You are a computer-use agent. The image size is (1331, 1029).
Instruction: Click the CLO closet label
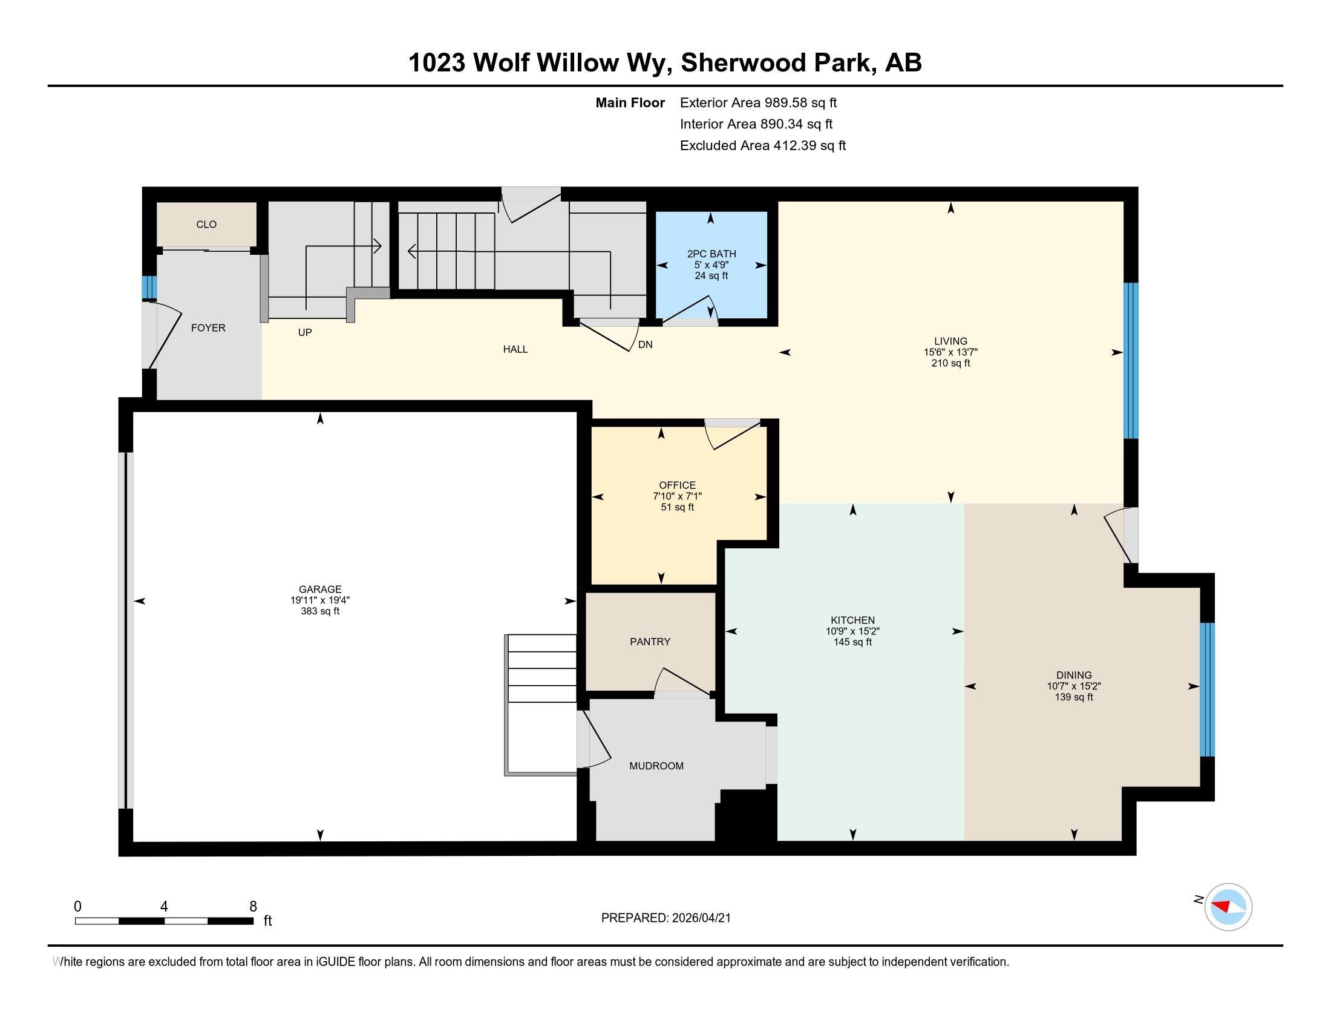pos(206,225)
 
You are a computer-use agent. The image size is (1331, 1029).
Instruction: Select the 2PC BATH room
pos(711,265)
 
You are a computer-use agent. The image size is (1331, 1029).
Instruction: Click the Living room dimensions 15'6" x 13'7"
pos(950,352)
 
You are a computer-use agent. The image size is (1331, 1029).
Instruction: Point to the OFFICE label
pos(677,485)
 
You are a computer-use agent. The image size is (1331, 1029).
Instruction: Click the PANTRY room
pos(650,641)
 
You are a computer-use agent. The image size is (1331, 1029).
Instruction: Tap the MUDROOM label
pos(656,766)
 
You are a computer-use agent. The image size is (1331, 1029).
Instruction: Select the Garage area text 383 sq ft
pos(320,611)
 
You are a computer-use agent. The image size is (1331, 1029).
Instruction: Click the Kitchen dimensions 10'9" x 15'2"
pos(852,631)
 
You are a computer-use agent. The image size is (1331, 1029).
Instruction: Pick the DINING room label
pos(1074,675)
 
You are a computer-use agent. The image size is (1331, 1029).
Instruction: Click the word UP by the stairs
pos(305,332)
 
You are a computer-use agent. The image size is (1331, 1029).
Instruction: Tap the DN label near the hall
pos(646,344)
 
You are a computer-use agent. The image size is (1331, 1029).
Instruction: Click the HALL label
pos(515,349)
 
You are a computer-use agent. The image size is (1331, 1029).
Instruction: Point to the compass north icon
pos(1228,907)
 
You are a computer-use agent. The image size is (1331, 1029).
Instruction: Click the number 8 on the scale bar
pos(253,907)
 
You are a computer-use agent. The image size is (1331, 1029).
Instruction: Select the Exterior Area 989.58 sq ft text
pos(758,102)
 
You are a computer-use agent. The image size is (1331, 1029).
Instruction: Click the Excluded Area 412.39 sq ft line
pos(762,145)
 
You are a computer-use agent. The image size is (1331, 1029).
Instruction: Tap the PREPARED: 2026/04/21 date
pos(665,918)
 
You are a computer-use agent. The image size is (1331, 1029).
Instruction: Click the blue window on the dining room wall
pos(1207,689)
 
